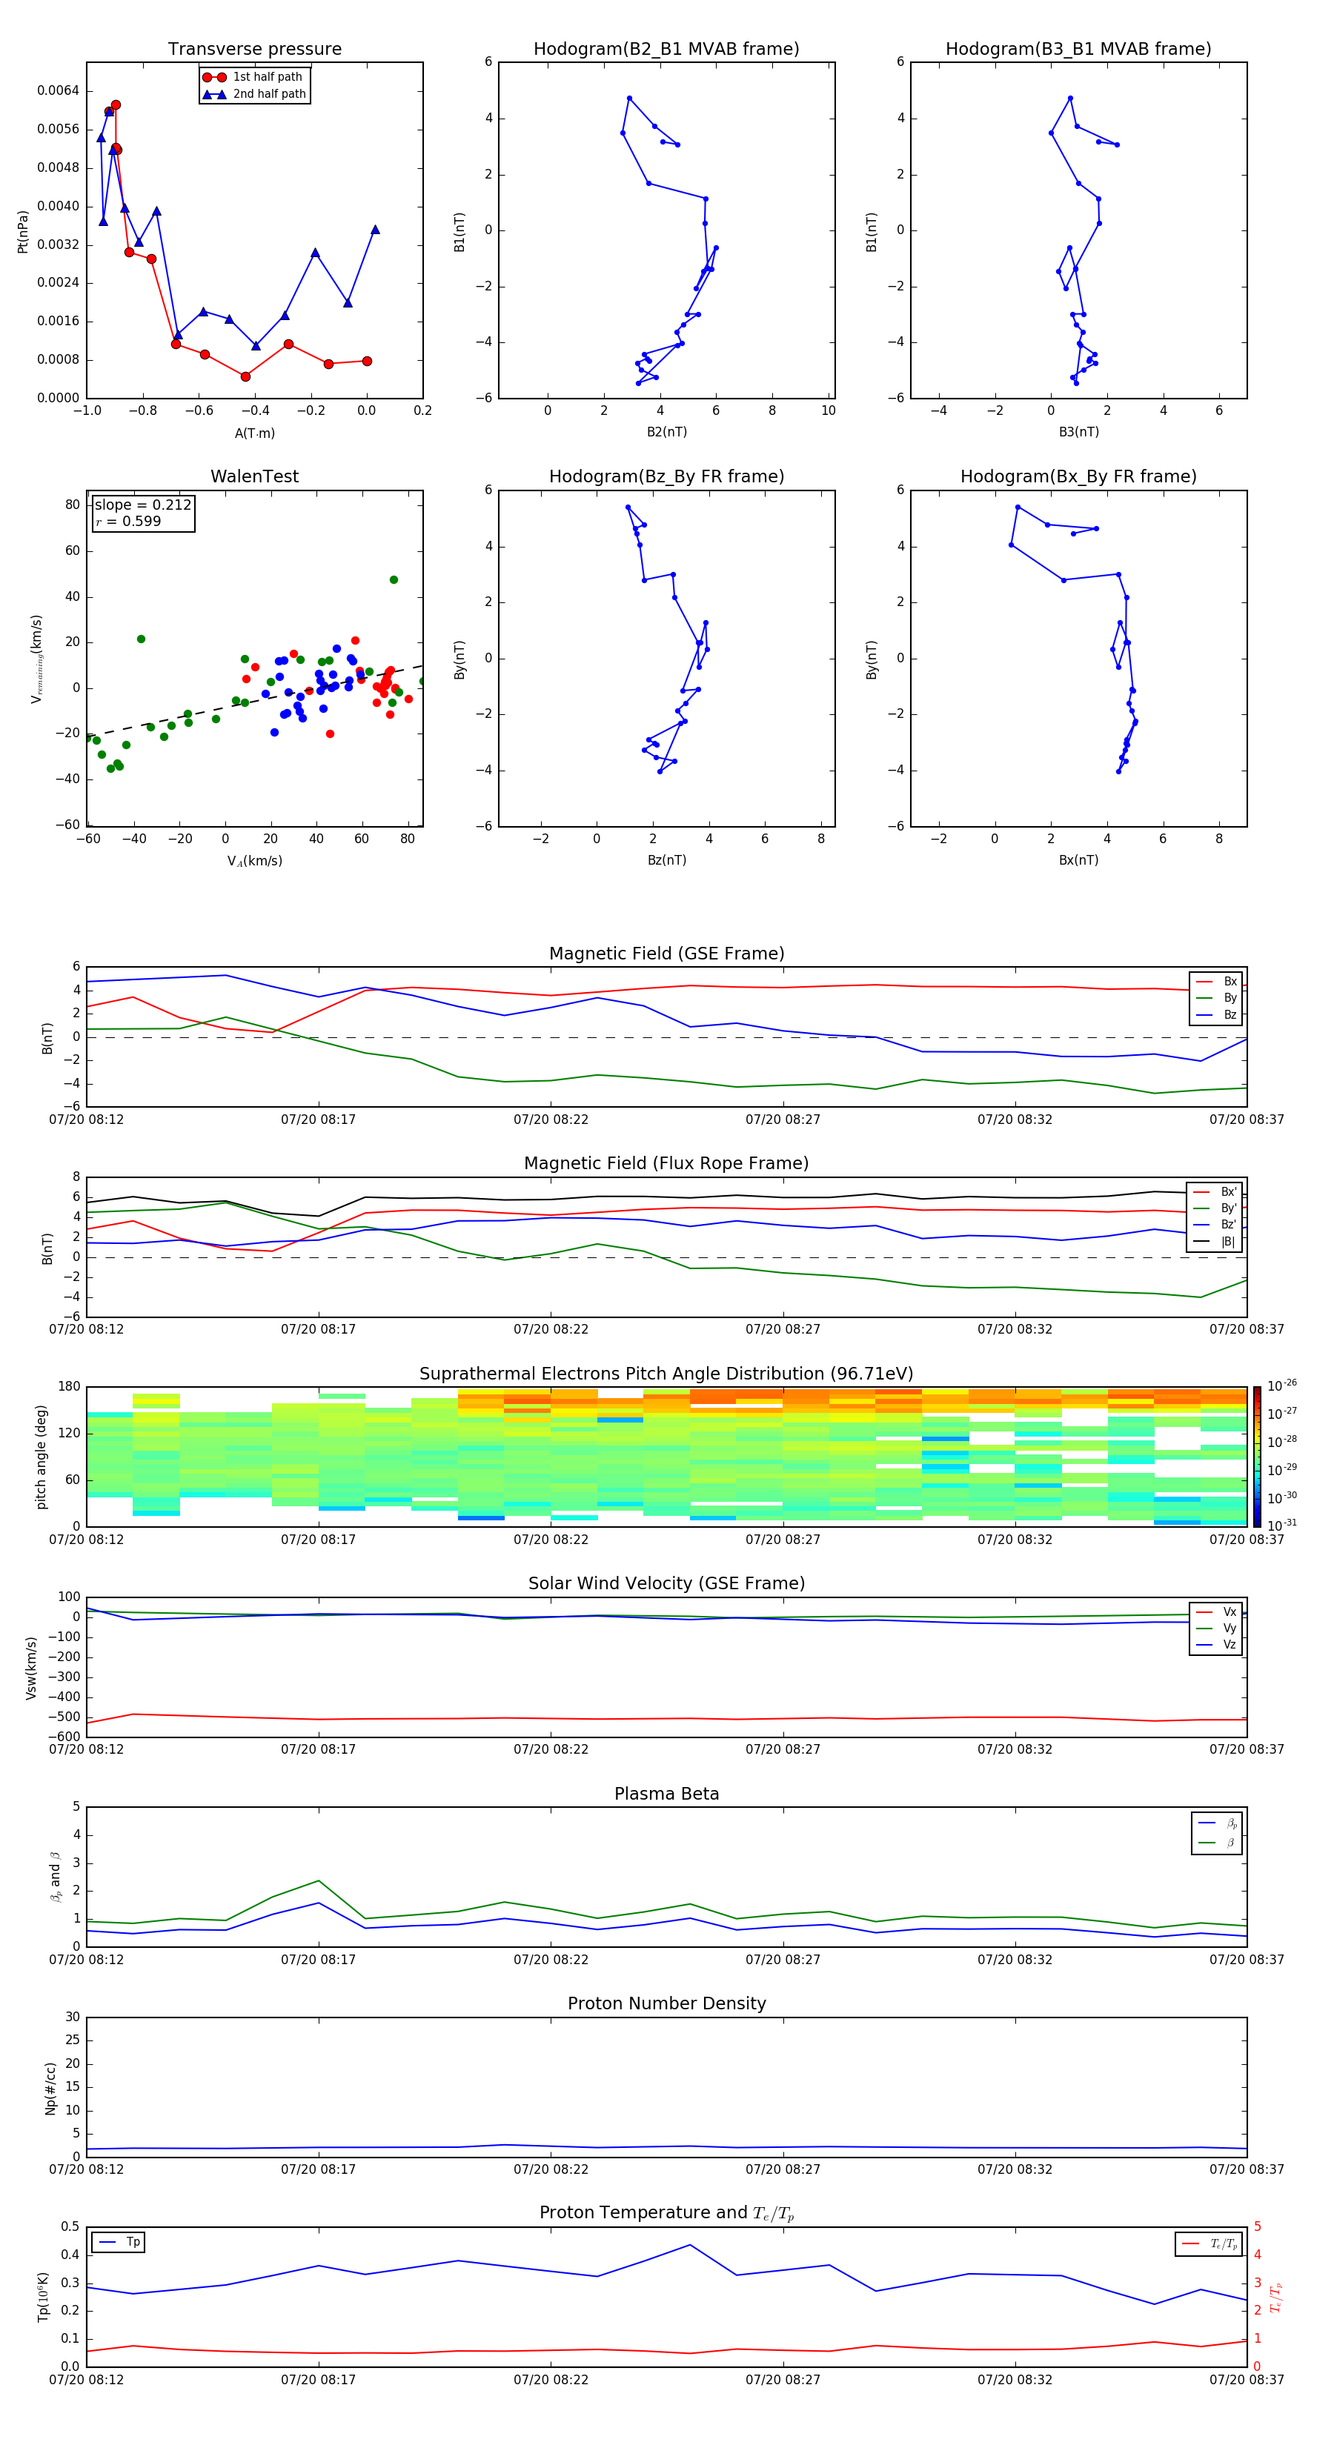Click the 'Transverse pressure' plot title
(254, 50)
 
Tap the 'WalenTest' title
(254, 476)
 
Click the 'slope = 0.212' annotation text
(142, 505)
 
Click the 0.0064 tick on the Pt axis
(58, 91)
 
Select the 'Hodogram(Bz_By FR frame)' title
(666, 476)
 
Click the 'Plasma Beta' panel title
(666, 1794)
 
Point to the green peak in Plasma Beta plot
(319, 1880)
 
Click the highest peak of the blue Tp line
(690, 2245)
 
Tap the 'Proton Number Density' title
(666, 2003)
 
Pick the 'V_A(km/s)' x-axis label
(254, 861)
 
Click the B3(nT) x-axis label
(1078, 432)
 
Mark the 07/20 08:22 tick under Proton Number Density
(551, 2169)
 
